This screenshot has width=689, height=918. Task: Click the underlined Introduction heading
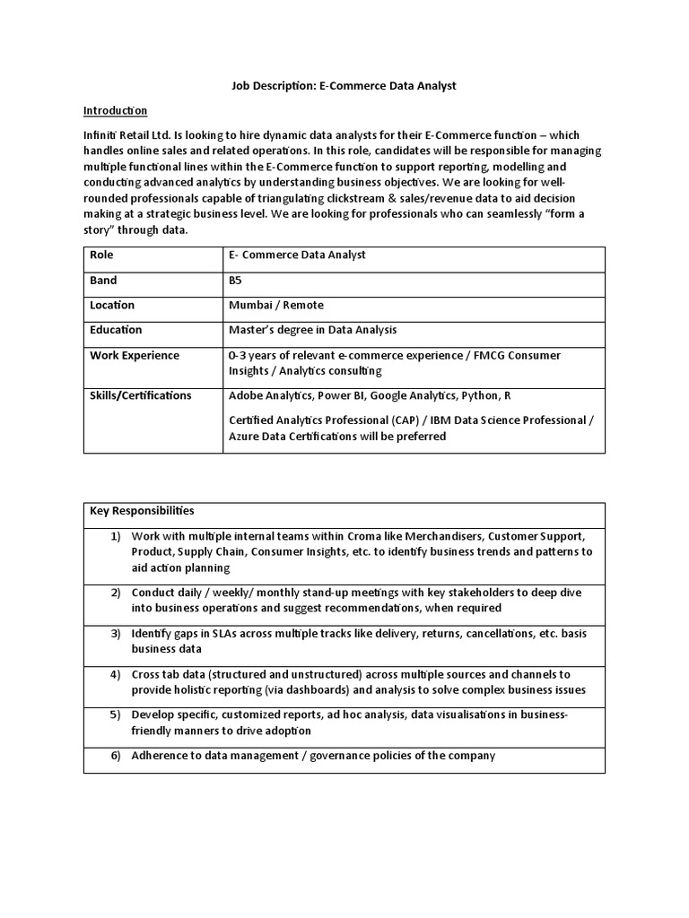(115, 110)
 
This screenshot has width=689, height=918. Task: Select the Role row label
(101, 255)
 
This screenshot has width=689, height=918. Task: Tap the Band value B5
(235, 281)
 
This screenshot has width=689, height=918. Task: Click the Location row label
(112, 306)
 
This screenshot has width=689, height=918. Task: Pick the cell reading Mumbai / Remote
(264, 306)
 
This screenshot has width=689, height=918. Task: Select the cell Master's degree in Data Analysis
(312, 330)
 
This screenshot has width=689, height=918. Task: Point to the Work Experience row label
(135, 355)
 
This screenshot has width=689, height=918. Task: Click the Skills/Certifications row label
(141, 395)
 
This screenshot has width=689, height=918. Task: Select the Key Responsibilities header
(142, 511)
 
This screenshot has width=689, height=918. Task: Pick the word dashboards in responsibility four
(320, 690)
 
